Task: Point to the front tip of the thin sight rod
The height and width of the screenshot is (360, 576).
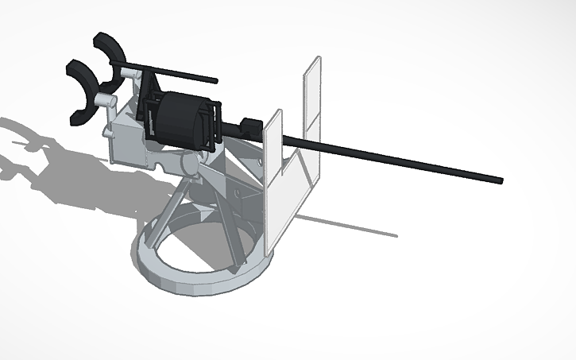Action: [215, 80]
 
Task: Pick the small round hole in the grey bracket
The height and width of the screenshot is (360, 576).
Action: [236, 194]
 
